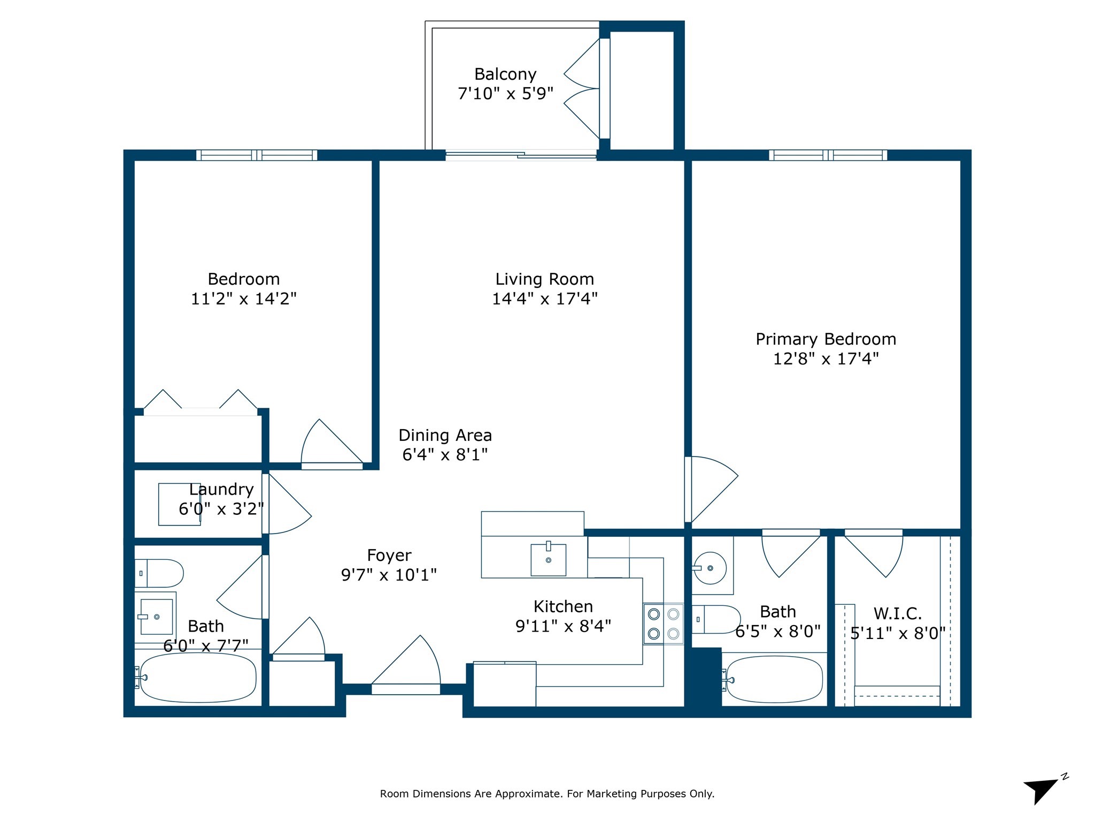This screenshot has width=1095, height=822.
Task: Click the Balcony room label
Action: point(505,74)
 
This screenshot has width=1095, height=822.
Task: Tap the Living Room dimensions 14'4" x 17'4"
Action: point(545,299)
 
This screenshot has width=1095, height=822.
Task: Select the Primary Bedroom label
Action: point(826,339)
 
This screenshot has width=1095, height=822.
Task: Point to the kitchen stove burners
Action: point(663,624)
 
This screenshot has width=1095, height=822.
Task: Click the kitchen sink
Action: point(549,559)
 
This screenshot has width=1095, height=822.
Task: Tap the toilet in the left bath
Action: point(159,573)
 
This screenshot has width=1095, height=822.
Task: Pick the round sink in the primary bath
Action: point(710,568)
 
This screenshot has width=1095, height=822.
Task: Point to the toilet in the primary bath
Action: point(716,619)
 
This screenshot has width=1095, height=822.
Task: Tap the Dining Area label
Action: point(445,435)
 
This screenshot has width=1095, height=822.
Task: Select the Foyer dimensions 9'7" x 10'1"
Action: point(389,575)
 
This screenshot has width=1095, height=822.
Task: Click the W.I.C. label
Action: point(898,613)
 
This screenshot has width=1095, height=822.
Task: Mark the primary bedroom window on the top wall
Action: point(828,155)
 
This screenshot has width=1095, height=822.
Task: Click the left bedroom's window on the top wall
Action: point(257,155)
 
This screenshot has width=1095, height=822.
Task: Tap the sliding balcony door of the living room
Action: point(521,155)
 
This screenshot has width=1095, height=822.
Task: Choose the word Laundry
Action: point(221,489)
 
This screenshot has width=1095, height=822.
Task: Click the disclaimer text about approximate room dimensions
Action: point(547,794)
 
